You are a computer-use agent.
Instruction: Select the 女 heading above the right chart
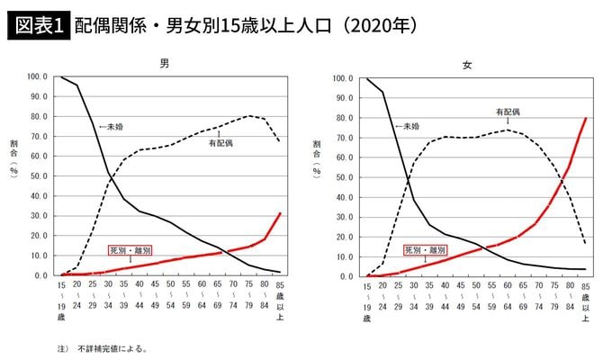(x=467, y=66)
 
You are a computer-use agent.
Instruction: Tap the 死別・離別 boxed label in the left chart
(x=130, y=251)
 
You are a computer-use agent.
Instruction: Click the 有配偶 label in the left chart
(x=220, y=144)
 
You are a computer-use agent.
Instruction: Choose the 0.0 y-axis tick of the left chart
(x=43, y=275)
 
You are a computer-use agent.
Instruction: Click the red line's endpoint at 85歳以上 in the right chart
(x=586, y=118)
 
